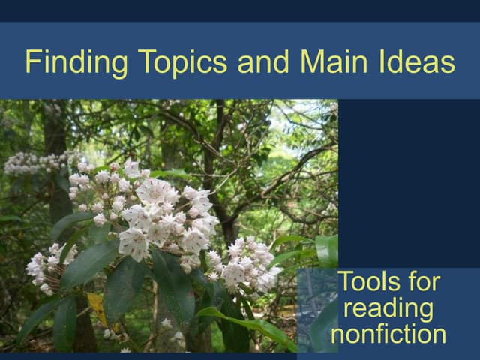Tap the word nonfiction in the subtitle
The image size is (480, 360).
pos(389,333)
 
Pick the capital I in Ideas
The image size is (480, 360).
pos(392,61)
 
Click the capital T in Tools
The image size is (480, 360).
pos(346,283)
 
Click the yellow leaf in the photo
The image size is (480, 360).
pos(97,304)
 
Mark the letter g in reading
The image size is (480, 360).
pos(427,311)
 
